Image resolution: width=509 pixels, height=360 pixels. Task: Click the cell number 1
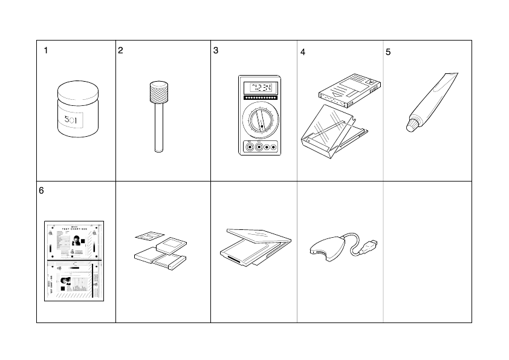(46, 51)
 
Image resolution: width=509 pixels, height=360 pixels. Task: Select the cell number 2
(121, 51)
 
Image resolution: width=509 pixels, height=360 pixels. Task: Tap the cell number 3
(216, 51)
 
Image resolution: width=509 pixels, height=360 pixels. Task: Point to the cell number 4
(303, 53)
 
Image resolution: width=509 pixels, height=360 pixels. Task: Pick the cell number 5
(388, 53)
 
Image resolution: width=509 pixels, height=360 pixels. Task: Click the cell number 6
(41, 191)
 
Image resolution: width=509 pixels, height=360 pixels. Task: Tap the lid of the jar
(77, 92)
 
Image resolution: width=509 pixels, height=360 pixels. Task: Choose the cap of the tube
(411, 125)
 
